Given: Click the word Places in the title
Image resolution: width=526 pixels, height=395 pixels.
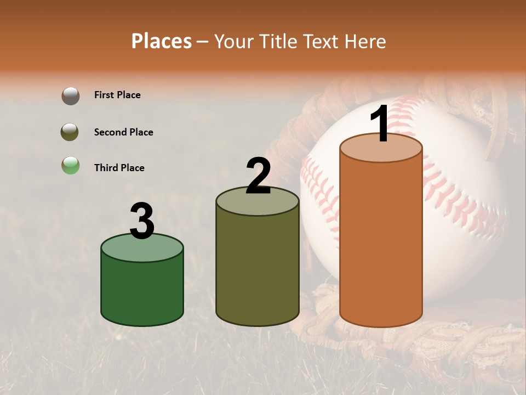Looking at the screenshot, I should tap(162, 41).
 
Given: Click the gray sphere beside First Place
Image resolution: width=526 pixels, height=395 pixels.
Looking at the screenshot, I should tap(70, 95).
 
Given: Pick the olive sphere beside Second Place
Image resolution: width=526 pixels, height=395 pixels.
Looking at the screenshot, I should tap(70, 132).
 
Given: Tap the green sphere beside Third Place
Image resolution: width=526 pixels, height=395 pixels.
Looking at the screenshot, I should tap(70, 165).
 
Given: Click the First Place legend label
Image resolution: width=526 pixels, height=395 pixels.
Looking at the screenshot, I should tap(117, 95).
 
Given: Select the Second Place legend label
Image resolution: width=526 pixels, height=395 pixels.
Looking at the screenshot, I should tap(123, 132).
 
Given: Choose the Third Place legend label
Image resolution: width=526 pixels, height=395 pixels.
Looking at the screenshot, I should tap(119, 168).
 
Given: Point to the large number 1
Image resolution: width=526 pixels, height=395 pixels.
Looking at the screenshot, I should tap(380, 124).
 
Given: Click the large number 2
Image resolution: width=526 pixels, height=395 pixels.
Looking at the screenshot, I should tap(258, 176).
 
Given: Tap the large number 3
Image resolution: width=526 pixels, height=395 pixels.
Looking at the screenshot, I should tap(142, 222).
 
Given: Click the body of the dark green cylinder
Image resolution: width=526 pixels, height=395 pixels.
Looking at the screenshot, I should tap(142, 291).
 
